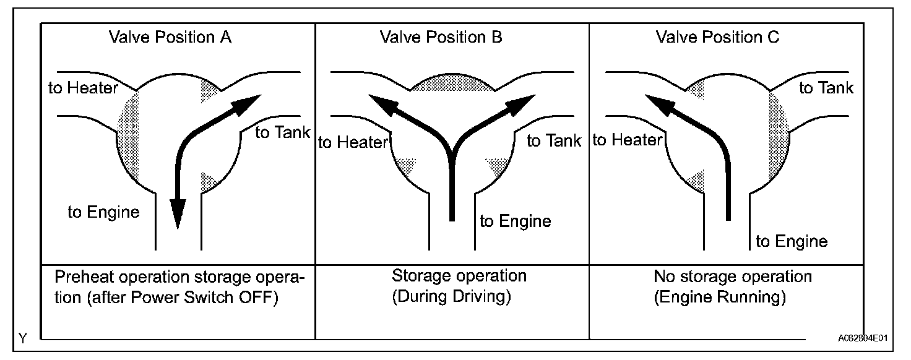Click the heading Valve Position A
pos(170,37)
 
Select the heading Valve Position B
pos(441,37)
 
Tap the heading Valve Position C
pos(717,37)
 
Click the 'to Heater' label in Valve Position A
pos(83,88)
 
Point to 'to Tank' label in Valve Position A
pos(283,132)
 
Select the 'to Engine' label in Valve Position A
pos(104,213)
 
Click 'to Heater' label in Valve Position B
pos(353,143)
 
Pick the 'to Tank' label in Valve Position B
pos(554,141)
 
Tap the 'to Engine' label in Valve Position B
pos(516,221)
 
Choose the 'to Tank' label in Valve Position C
pos(826,88)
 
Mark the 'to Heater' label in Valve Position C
pos(628,140)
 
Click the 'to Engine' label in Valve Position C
pos(792,241)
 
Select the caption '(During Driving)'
pos(452,297)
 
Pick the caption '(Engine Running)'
pos(720,298)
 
